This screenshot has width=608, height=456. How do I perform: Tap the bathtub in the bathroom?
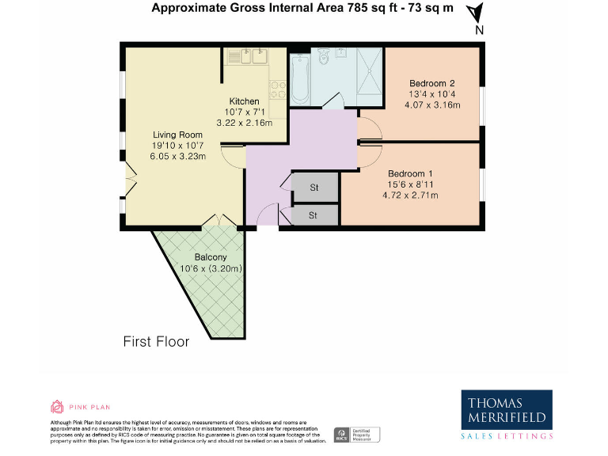(x=299, y=79)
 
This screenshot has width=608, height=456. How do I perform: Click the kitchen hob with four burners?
(x=277, y=89)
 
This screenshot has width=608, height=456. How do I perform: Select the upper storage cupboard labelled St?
(x=314, y=188)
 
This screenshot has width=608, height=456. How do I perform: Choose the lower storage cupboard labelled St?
(x=313, y=215)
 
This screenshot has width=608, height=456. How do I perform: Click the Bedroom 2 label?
(x=431, y=83)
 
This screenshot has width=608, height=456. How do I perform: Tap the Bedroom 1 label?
(x=410, y=173)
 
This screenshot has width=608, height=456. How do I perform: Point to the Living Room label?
(x=178, y=135)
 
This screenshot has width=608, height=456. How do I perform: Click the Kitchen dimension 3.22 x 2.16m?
(x=244, y=123)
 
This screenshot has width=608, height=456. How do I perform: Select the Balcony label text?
(x=211, y=257)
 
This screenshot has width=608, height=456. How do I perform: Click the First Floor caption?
(x=156, y=342)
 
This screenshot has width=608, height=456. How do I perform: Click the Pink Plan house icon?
(x=57, y=408)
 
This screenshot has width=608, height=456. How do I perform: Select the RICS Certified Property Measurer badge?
(x=357, y=434)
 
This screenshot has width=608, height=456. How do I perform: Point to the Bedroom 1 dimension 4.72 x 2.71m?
(x=410, y=195)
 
